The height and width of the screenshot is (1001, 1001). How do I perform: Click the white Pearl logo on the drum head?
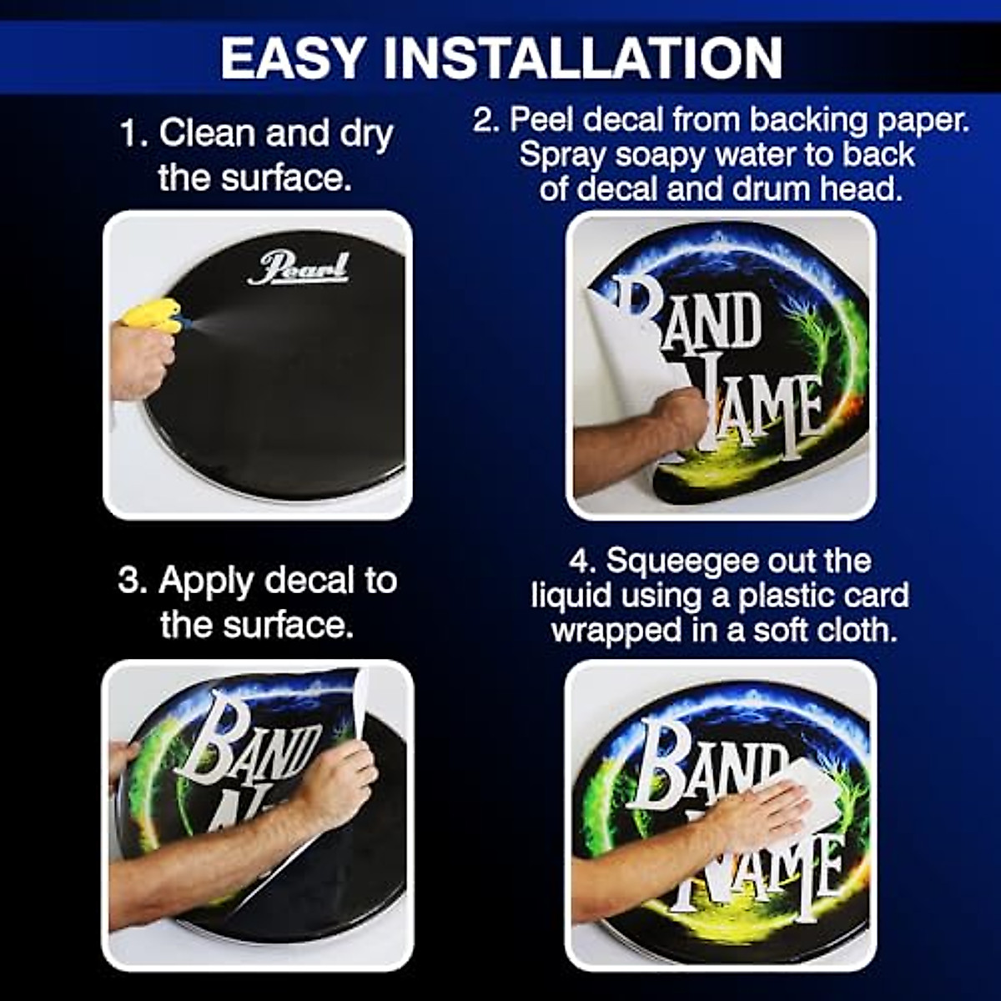point(298,269)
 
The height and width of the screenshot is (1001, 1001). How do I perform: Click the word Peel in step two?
point(543,121)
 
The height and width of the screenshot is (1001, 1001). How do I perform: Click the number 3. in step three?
point(132,581)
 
